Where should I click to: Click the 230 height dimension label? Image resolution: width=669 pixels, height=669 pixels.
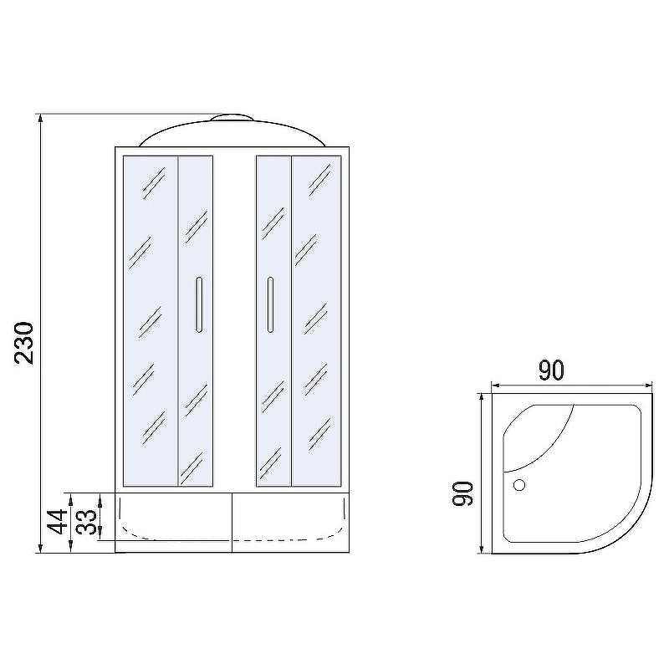tap(24, 343)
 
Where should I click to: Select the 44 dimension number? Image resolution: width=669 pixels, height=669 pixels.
tap(57, 521)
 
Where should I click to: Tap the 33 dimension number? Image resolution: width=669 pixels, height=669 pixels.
tap(86, 522)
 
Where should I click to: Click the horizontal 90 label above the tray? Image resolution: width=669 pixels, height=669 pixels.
tap(551, 370)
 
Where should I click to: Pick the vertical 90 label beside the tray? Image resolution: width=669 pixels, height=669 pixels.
tap(462, 493)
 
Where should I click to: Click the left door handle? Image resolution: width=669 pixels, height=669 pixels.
tap(199, 304)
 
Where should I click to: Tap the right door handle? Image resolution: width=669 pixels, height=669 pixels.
tap(270, 304)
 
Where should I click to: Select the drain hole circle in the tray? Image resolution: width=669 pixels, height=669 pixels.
tap(519, 485)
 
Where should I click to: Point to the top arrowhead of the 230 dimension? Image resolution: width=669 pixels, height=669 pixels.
tap(40, 118)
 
